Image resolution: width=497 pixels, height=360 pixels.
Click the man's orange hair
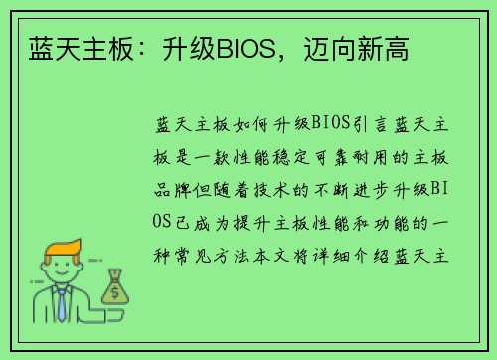point(59,246)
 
